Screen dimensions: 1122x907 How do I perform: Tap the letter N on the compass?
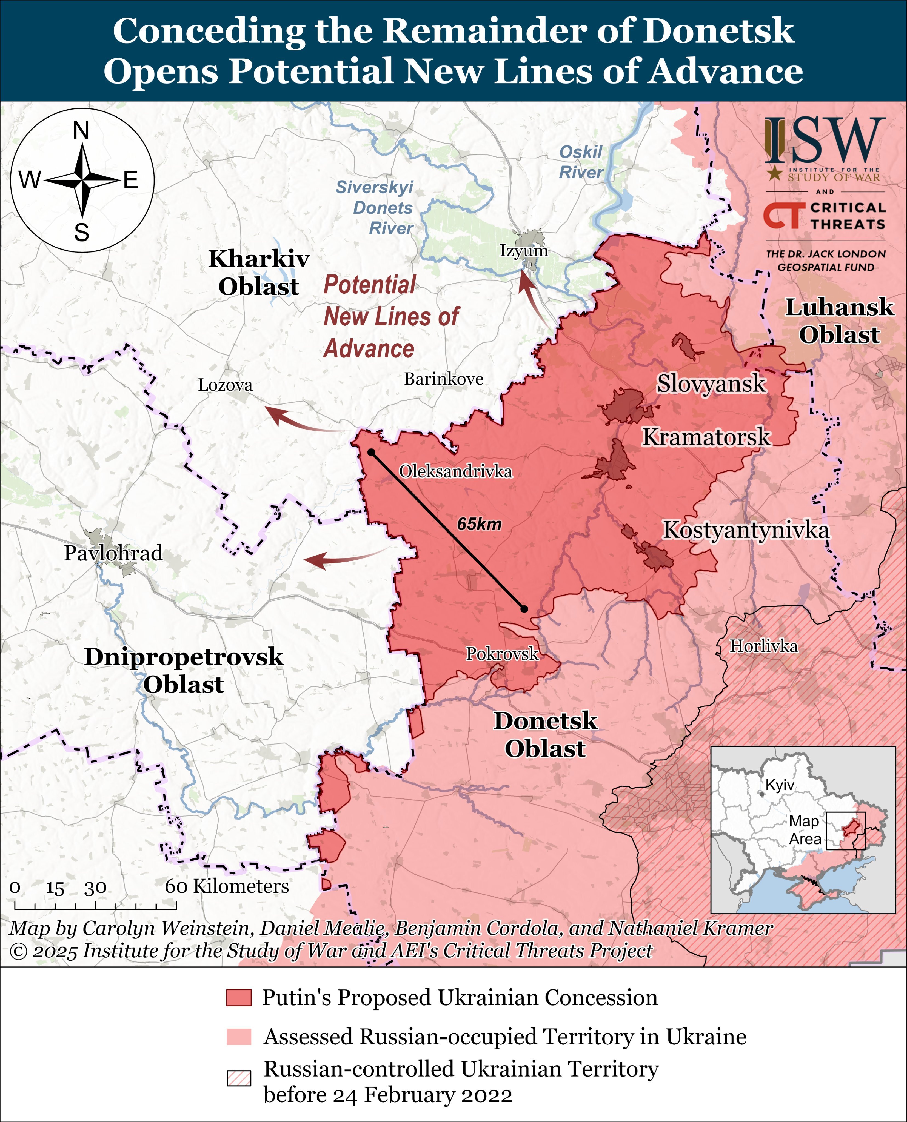[81, 131]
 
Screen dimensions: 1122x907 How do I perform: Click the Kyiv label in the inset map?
[779, 785]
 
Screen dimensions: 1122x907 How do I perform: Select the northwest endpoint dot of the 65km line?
[371, 452]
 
